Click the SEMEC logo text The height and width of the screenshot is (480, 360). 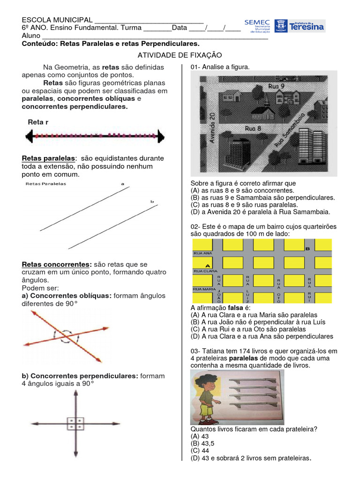coord(256,22)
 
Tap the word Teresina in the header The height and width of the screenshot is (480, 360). coord(307,27)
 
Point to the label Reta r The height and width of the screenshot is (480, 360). coord(38,122)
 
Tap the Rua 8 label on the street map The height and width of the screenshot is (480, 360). coord(253,127)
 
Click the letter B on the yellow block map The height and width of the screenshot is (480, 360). coord(307,249)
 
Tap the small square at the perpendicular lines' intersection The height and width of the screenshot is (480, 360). coord(75,424)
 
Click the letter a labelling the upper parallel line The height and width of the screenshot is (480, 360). coord(122,184)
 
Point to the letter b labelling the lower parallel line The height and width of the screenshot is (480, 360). coord(152,202)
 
